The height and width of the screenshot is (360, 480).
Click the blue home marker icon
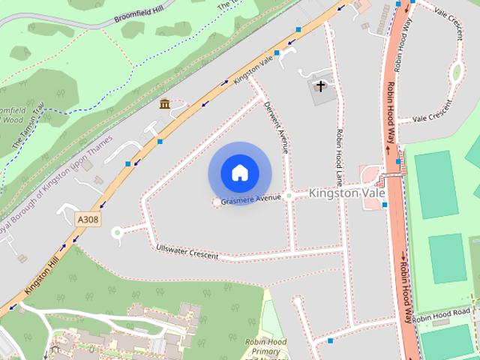tap(239, 172)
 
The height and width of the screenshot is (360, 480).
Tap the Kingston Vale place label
tap(346, 193)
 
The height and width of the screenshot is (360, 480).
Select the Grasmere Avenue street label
tap(250, 199)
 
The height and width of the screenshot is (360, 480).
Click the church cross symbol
tap(320, 86)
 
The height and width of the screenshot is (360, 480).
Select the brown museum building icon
tap(164, 103)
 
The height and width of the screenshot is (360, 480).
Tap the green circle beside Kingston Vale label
tap(289, 195)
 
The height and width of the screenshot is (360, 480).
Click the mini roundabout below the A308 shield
tap(116, 232)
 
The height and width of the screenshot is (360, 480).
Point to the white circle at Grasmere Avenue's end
tap(217, 202)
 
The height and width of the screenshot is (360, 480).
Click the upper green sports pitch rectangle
tap(436, 184)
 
